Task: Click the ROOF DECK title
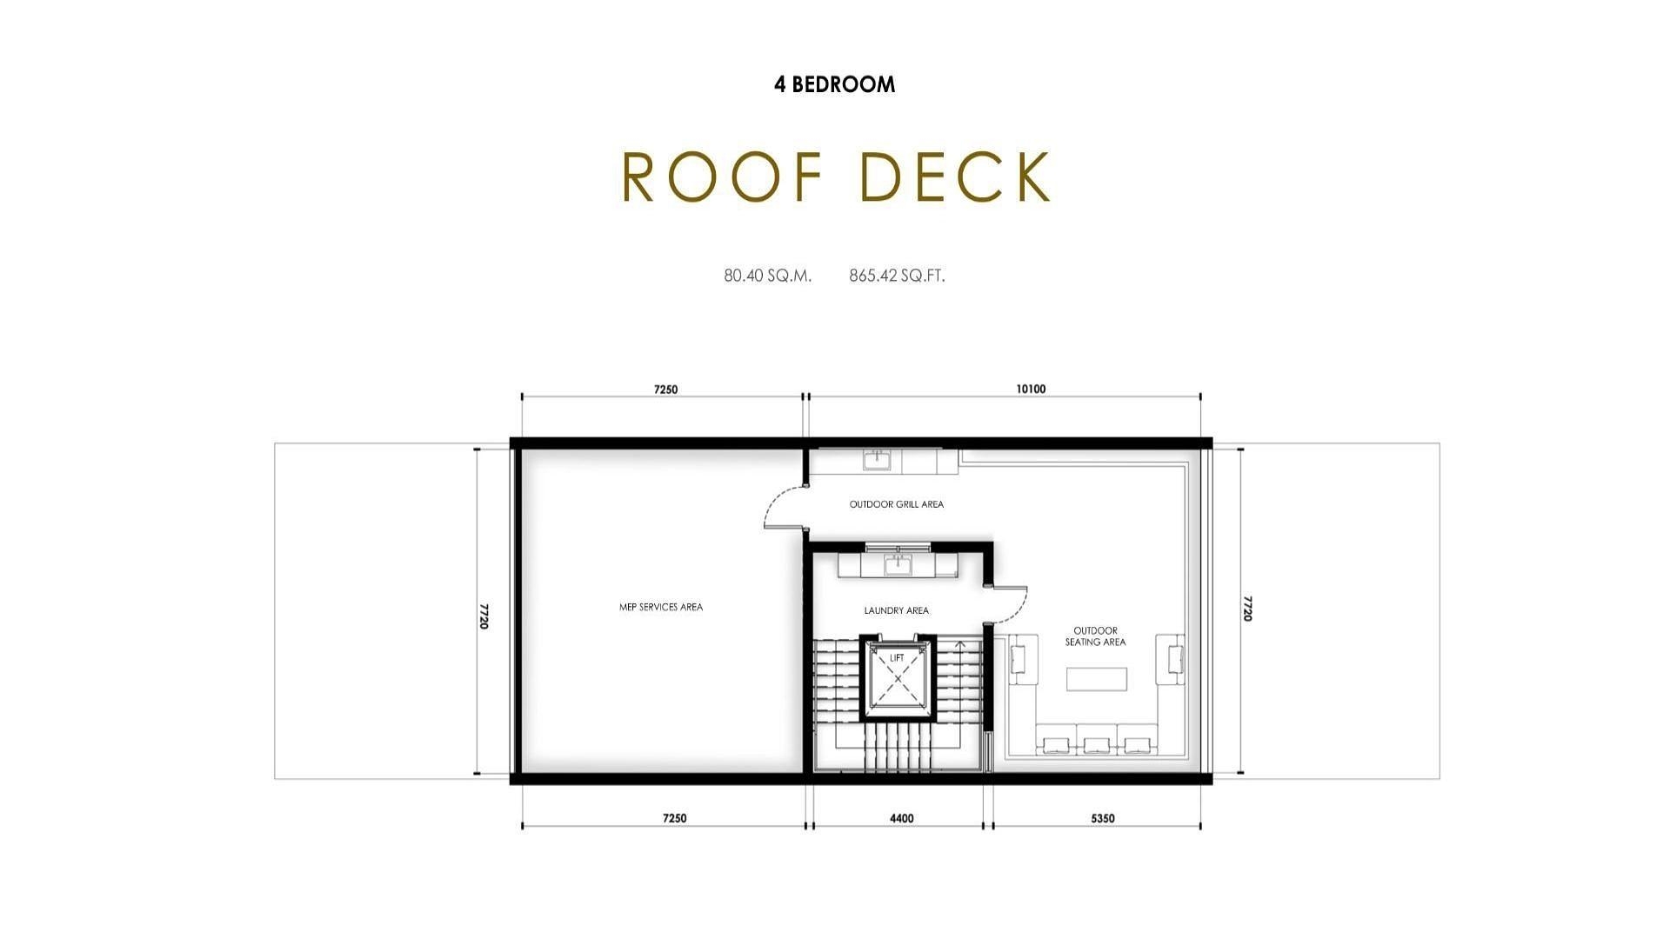[x=836, y=176]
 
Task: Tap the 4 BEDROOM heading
[x=834, y=84]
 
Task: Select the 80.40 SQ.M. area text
[x=767, y=276]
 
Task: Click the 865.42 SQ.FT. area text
[x=897, y=276]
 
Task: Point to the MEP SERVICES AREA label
[x=661, y=607]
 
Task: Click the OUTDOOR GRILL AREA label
[x=896, y=504]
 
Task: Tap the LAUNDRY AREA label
[x=896, y=610]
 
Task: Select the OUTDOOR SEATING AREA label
[x=1095, y=636]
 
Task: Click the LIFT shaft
[x=897, y=678]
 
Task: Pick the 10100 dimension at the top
[x=1031, y=390]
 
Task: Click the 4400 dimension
[x=901, y=818]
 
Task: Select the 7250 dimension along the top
[x=665, y=390]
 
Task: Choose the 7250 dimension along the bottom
[x=674, y=818]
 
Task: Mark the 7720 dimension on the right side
[x=1247, y=609]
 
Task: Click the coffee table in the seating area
[x=1097, y=679]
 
